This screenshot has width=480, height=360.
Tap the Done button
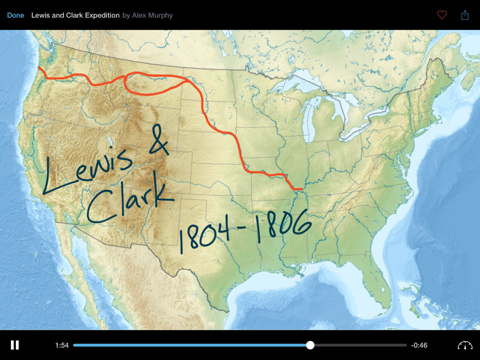point(15,15)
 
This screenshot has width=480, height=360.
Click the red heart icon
point(442,15)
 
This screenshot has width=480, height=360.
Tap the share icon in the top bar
point(465,15)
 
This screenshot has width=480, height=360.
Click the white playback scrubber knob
point(310,345)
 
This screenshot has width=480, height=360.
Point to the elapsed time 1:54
point(62,345)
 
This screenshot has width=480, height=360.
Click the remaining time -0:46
point(419,345)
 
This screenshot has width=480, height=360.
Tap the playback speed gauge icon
point(465,345)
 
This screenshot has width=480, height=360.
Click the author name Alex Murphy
point(152,15)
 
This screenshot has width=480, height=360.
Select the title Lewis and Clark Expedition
point(75,15)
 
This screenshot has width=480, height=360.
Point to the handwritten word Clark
point(127,202)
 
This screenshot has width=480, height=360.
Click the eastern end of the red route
point(300,189)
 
